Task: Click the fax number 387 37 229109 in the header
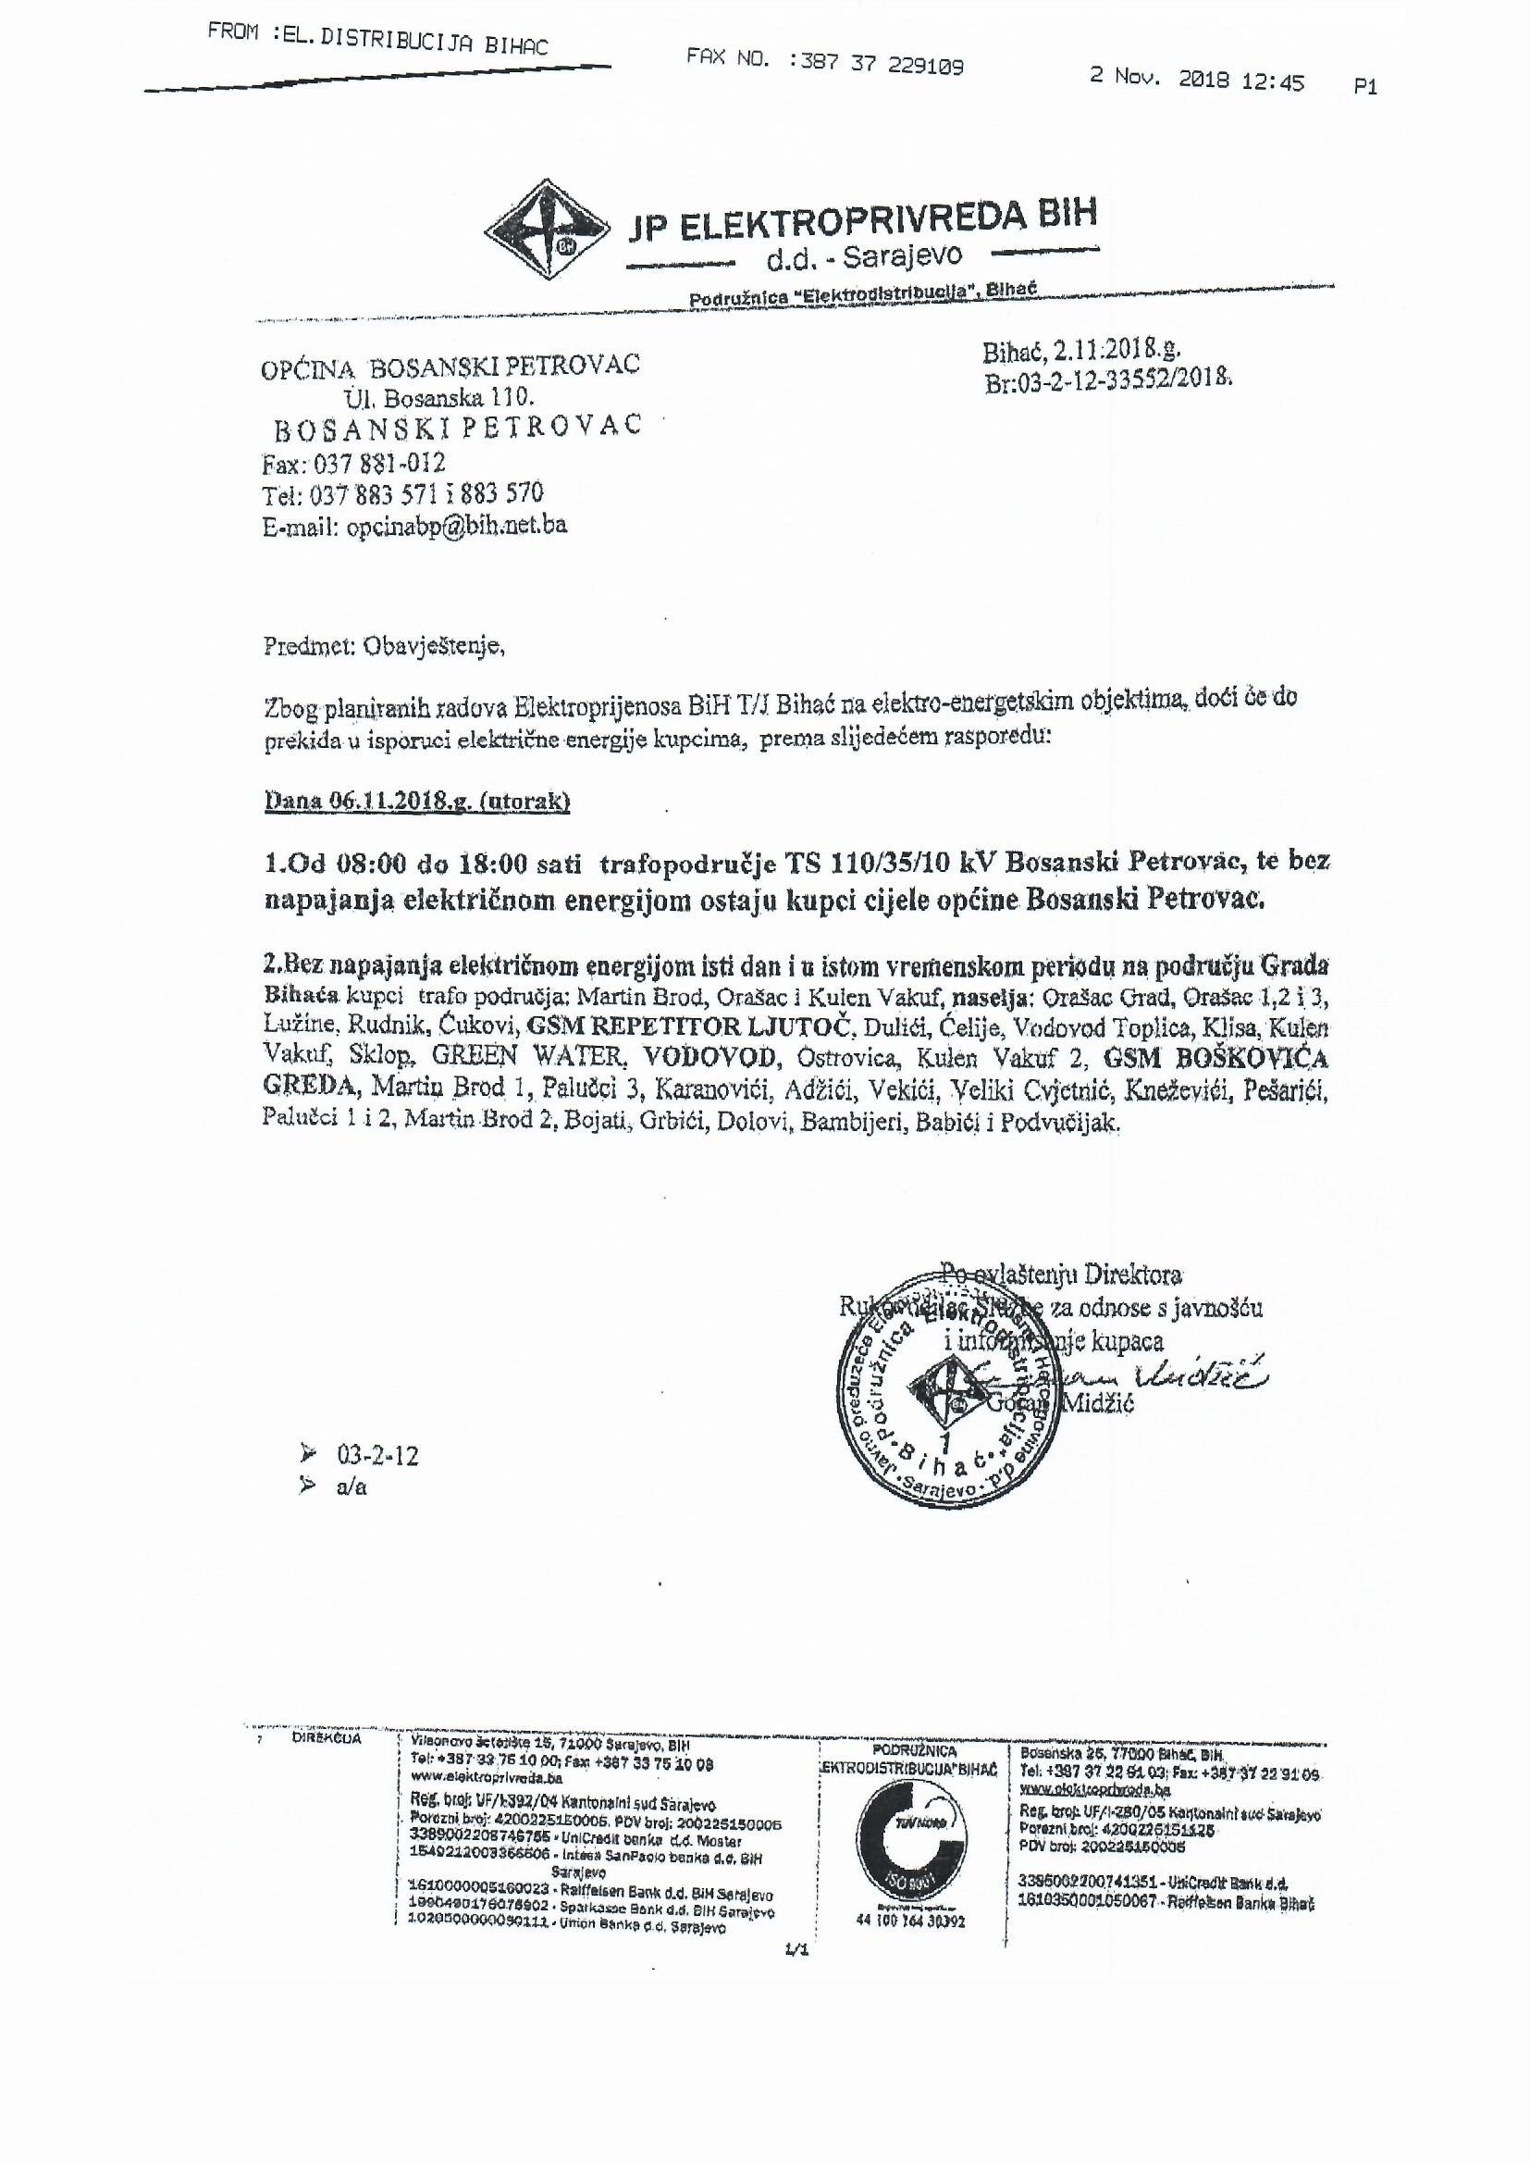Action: [x=876, y=64]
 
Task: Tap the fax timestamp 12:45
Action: [x=1272, y=82]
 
